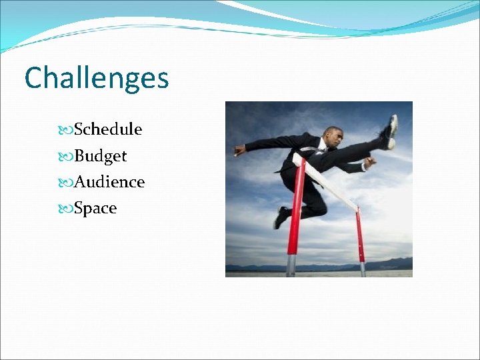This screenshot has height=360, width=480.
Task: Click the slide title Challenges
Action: pos(97,79)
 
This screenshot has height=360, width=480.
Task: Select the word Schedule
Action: pos(108,129)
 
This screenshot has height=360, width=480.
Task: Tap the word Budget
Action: pos(100,156)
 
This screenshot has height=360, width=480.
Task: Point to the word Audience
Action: pos(109,181)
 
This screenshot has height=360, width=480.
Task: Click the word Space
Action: pos(95,209)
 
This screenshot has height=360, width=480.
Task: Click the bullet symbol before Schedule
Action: pos(66,129)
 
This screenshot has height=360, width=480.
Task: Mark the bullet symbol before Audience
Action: pos(66,182)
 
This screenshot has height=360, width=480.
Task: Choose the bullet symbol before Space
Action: pos(66,209)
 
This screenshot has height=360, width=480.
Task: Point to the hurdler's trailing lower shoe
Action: pos(281,217)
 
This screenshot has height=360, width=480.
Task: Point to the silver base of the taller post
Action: pos(291,265)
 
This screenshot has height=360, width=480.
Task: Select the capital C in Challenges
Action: pos(34,79)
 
